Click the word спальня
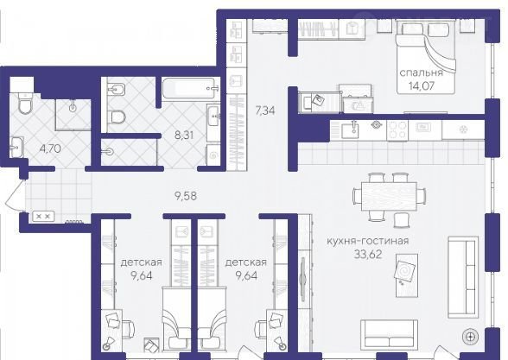pyautogui.click(x=421, y=73)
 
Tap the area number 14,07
pyautogui.click(x=422, y=86)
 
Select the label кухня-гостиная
pyautogui.click(x=368, y=241)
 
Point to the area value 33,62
pyautogui.click(x=368, y=255)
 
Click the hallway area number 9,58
pyautogui.click(x=185, y=196)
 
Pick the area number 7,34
pyautogui.click(x=265, y=111)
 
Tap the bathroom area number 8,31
pyautogui.click(x=184, y=135)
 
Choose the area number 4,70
pyautogui.click(x=49, y=148)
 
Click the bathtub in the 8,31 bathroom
pyautogui.click(x=188, y=88)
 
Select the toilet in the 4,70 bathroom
pyautogui.click(x=25, y=103)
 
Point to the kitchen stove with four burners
pyautogui.click(x=397, y=130)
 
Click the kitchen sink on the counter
pyautogui.click(x=350, y=130)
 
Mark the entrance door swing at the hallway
pyautogui.click(x=16, y=195)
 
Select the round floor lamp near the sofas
pyautogui.click(x=470, y=338)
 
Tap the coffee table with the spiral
pyautogui.click(x=406, y=275)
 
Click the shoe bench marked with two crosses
pyautogui.click(x=42, y=216)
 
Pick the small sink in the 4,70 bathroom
pyautogui.click(x=16, y=148)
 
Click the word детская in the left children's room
pyautogui.click(x=142, y=262)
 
